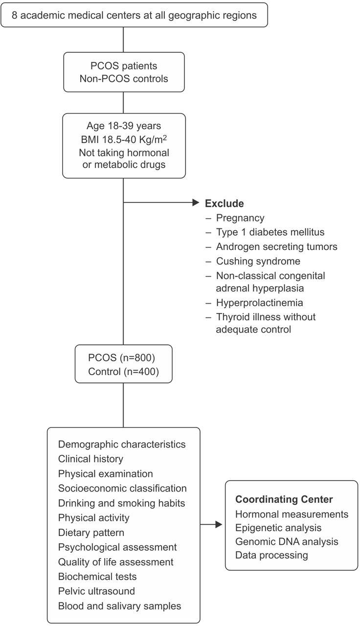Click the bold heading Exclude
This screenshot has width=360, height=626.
click(224, 203)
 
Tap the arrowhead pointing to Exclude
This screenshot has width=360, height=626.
click(196, 202)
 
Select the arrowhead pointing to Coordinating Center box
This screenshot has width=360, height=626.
click(219, 525)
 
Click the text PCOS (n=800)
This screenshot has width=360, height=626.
click(121, 358)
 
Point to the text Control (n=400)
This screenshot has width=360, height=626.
click(124, 372)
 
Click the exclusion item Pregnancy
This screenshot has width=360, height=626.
click(240, 218)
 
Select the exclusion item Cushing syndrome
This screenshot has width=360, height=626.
click(258, 261)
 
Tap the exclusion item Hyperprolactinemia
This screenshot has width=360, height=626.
click(259, 303)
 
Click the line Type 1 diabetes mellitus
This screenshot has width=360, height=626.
click(270, 232)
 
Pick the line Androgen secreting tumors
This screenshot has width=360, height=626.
click(276, 246)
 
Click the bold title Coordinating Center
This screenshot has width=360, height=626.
click(284, 499)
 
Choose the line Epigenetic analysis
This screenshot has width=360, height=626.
click(278, 528)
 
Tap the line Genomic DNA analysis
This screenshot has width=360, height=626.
click(287, 541)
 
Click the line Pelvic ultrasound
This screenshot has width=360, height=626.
click(96, 591)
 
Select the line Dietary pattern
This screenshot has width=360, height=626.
click(91, 533)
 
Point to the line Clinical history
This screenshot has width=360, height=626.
click(90, 459)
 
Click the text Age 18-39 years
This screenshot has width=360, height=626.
click(124, 126)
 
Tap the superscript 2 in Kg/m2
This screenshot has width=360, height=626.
click(165, 137)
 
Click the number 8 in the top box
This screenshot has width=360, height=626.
click(14, 15)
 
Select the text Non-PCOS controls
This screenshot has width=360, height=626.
click(124, 79)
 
